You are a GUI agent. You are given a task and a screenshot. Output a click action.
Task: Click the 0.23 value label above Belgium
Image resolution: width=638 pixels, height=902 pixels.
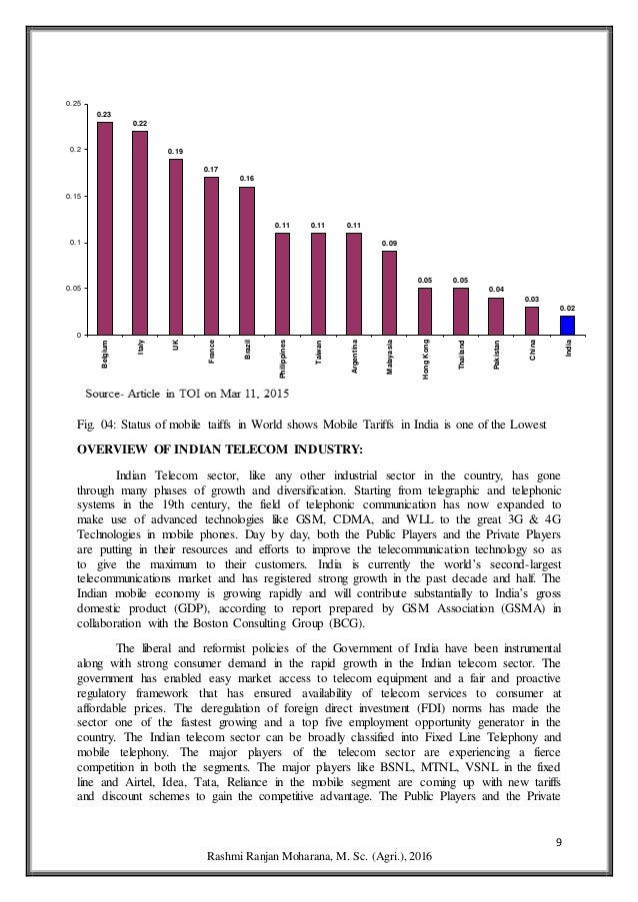click(104, 114)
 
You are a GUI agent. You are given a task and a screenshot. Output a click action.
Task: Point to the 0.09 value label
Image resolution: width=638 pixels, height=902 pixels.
click(389, 243)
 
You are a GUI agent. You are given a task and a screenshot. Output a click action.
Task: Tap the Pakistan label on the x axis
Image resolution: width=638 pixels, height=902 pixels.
click(497, 357)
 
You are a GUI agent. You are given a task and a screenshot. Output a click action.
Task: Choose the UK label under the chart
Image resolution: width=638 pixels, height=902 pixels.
click(177, 345)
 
